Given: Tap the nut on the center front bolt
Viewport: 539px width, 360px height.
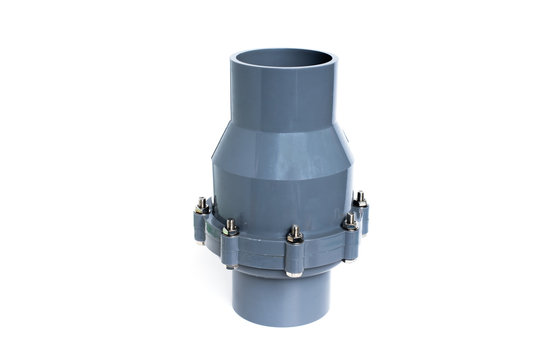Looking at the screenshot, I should (295, 236).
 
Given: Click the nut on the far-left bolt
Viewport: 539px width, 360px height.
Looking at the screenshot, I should (202, 206).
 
